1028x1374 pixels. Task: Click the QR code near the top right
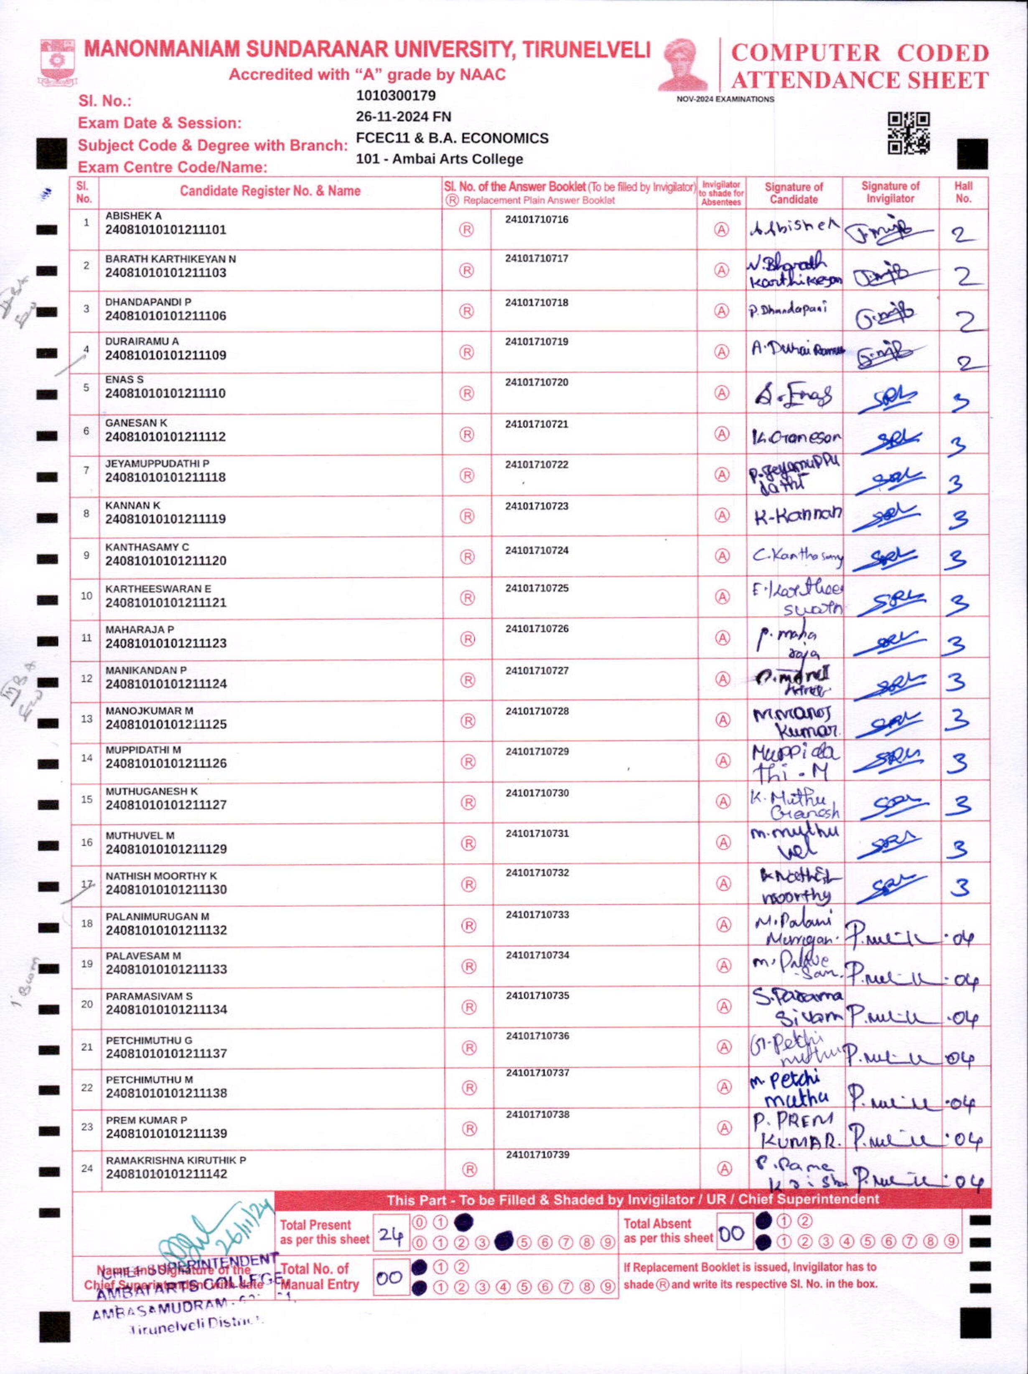pyautogui.click(x=908, y=132)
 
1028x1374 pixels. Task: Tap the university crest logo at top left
pyautogui.click(x=57, y=61)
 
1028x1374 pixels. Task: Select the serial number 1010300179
pyautogui.click(x=396, y=96)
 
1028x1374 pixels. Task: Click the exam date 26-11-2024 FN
pyautogui.click(x=403, y=117)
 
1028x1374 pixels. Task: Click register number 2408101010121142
pyautogui.click(x=166, y=1174)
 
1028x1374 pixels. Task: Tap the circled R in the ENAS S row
pyautogui.click(x=466, y=393)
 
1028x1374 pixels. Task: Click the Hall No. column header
pyautogui.click(x=963, y=193)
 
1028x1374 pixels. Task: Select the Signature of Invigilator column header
pyautogui.click(x=890, y=193)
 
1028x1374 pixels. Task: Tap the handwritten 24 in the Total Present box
pyautogui.click(x=391, y=1235)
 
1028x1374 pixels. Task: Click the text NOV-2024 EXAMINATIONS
pyautogui.click(x=725, y=99)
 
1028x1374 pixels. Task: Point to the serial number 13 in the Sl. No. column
pyautogui.click(x=87, y=719)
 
